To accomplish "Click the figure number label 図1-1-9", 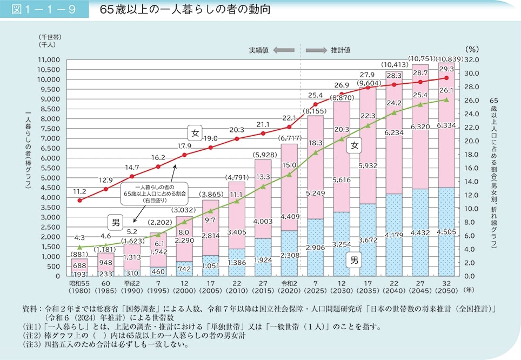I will (43, 10).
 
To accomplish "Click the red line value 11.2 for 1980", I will (79, 191).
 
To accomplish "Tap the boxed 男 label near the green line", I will (116, 222).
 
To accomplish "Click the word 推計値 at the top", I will (340, 50).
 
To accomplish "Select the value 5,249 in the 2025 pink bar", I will (315, 194).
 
